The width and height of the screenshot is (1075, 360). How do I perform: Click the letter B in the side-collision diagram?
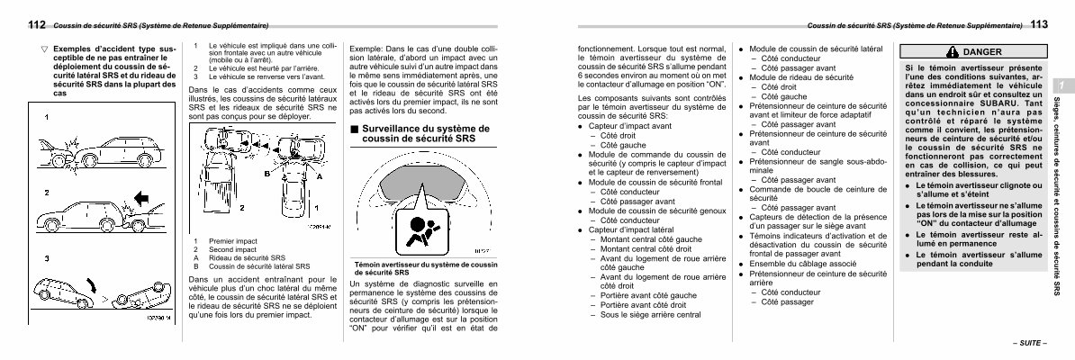[267, 172]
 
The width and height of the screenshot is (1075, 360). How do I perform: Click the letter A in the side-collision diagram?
[318, 177]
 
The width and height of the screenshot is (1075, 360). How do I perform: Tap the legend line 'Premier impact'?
[233, 241]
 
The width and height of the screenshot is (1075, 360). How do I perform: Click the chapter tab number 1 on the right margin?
[1062, 85]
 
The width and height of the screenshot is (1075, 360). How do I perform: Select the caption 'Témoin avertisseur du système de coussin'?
[423, 265]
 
